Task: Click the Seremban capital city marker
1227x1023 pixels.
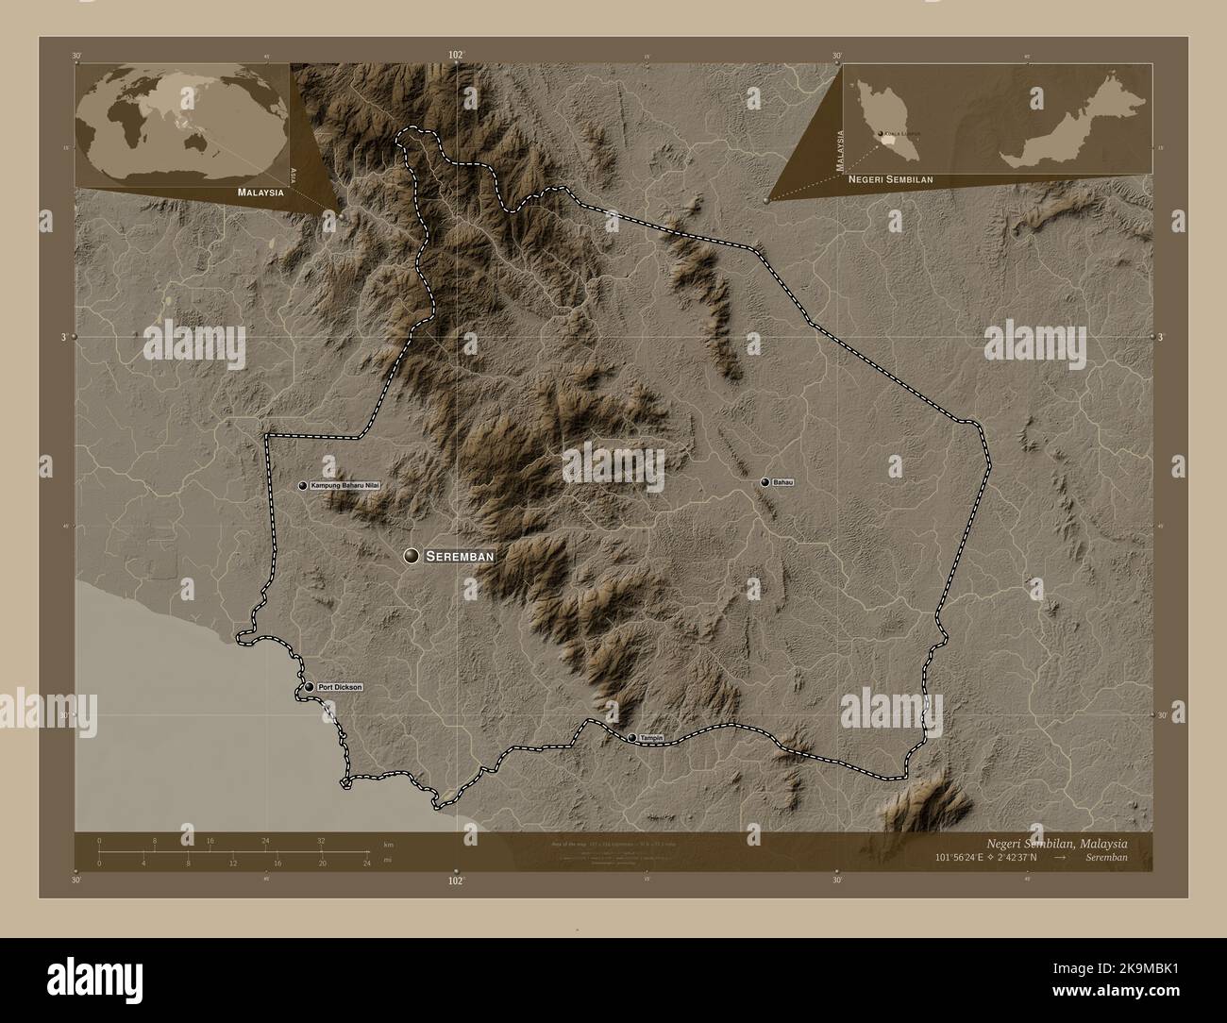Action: [411, 557]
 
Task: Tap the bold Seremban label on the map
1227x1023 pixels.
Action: [460, 557]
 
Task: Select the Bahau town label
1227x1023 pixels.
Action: [783, 482]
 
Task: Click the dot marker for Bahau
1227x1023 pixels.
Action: [765, 482]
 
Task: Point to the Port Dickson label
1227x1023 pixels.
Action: [340, 687]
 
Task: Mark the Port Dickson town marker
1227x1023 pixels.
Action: [309, 687]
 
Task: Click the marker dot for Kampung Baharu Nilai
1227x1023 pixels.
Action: [303, 485]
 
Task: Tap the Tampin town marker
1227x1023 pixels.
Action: [631, 737]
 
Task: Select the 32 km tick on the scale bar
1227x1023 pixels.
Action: [321, 840]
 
